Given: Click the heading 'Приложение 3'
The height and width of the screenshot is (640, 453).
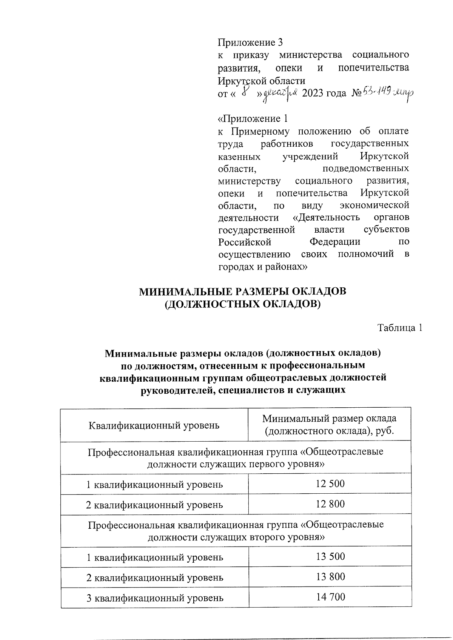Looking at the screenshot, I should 250,42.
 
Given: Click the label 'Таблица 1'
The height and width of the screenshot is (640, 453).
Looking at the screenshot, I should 400,328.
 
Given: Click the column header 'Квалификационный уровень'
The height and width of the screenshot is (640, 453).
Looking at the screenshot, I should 154,425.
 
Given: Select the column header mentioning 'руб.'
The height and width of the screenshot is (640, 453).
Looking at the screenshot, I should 329,425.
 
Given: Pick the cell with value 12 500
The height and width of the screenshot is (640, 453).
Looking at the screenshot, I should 330,483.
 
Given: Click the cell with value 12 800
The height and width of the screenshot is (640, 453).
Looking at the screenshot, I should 330,504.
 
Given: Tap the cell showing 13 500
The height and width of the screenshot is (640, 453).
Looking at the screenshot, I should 330,557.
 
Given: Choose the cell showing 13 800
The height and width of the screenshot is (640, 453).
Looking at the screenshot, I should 330,577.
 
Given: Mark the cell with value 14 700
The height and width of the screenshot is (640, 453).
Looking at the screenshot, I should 330,597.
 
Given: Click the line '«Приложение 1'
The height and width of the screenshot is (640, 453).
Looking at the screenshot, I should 253,119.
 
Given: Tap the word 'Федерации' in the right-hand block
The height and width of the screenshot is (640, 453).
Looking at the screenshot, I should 335,242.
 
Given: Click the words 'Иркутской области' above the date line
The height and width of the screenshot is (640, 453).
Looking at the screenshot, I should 262,81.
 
